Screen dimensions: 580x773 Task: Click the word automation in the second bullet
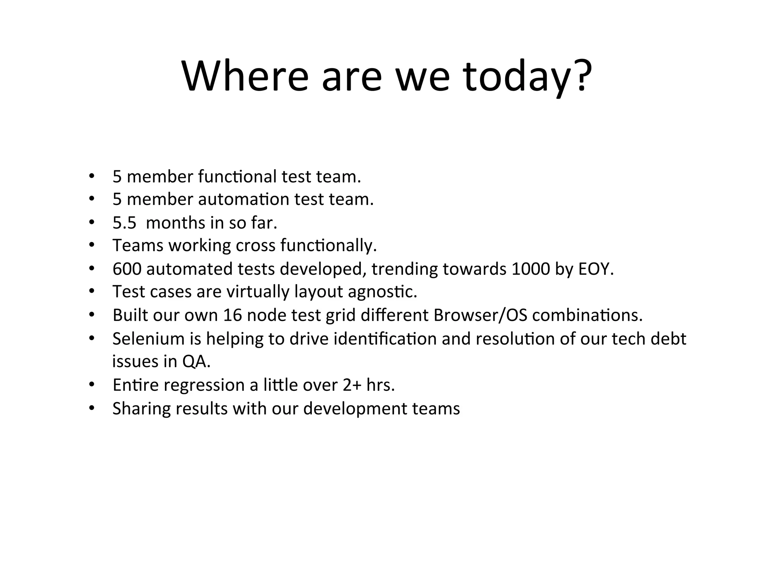tap(243, 199)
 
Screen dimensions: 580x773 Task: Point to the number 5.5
tap(124, 223)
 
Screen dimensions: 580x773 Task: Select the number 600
tap(127, 269)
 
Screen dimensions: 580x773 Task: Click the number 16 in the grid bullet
tap(232, 315)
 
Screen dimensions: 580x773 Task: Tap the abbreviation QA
tap(196, 362)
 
